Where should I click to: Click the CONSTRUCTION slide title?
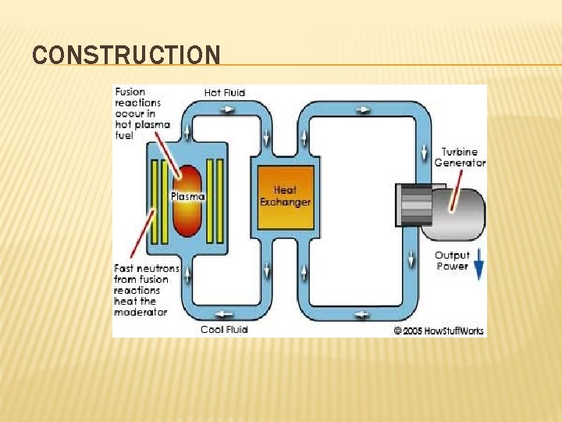tap(126, 55)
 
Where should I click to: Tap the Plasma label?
tap(187, 197)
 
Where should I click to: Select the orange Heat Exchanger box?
tap(285, 196)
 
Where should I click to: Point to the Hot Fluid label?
tap(225, 92)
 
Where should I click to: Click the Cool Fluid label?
tap(224, 329)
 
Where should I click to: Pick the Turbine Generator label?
tap(460, 157)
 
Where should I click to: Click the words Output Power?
tap(452, 260)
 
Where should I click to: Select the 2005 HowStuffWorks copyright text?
tap(439, 331)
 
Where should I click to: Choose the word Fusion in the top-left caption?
tap(130, 92)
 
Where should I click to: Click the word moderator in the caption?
tap(140, 312)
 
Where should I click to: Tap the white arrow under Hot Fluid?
tap(227, 109)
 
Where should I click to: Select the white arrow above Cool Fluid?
tap(226, 314)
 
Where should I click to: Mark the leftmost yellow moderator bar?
tap(155, 201)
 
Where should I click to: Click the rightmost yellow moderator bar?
tap(220, 201)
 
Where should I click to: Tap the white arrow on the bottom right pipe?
tap(362, 315)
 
